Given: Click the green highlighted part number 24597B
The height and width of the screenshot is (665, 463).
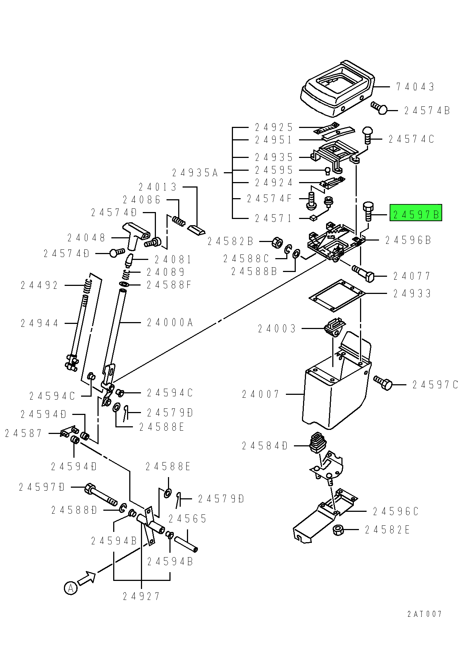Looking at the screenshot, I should coord(416,213).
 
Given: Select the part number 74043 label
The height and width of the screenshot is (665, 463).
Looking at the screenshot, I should coord(415,87).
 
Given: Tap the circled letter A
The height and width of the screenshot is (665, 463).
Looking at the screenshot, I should coord(70,588).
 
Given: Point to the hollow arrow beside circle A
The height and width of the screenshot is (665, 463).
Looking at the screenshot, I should coord(87,578).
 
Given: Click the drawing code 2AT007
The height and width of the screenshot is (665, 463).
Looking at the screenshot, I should coord(424,614).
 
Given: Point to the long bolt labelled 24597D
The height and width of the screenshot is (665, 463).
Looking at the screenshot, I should coord(100,494).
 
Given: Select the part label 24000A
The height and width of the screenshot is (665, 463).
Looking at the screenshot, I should coord(170,322).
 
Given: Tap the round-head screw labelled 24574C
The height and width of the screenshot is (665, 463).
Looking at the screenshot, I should coord(367,135).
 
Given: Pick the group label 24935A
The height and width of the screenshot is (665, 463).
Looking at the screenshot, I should coord(195,173).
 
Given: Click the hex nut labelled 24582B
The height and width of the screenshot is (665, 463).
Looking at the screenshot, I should coord(277,242).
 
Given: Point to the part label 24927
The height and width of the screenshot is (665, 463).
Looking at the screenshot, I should coord(141,597).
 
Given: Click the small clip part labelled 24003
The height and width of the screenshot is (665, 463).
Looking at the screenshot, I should coord(334,326).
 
